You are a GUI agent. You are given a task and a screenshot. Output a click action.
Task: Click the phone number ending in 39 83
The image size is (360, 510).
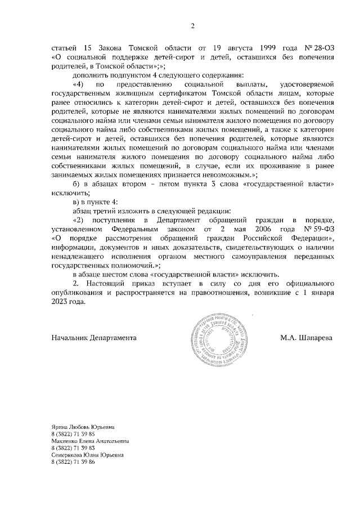click(x=73, y=448)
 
